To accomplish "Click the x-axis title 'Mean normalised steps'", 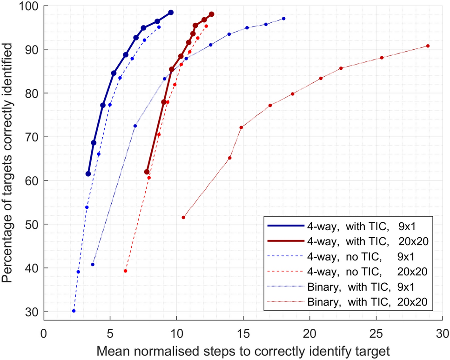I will [242, 349].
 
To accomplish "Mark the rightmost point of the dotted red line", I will [428, 46].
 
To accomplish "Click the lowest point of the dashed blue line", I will [74, 311].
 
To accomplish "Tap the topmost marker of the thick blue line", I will [171, 13].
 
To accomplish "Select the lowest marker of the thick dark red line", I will [147, 172].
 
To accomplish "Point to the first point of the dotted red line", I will [183, 217].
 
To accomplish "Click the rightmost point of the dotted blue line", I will [284, 19].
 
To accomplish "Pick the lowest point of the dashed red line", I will [125, 271].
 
